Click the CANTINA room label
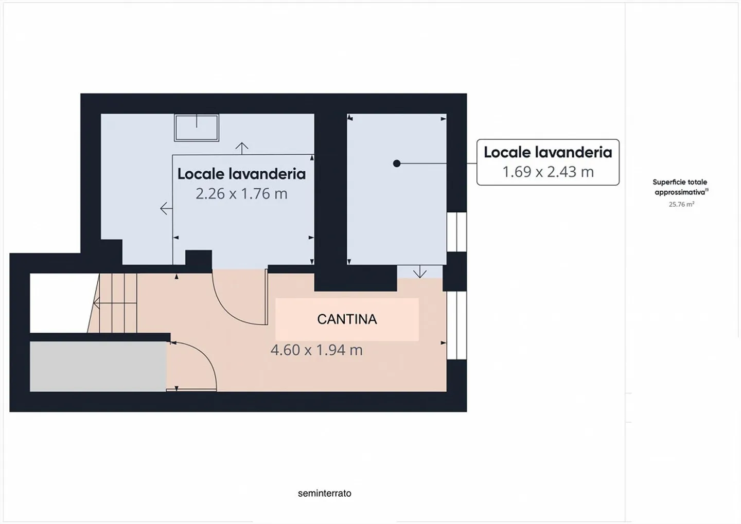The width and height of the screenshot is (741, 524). (347, 319)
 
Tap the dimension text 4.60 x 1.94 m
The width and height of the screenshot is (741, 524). (316, 350)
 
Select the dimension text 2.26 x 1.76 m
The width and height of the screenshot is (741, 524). (241, 194)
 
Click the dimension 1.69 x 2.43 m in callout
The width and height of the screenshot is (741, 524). (548, 172)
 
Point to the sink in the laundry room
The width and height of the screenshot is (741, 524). (197, 127)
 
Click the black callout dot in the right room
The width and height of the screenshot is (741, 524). (396, 164)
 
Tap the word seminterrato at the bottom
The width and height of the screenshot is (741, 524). (324, 493)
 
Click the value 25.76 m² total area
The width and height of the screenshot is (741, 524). (681, 204)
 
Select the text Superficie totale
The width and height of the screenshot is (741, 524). (679, 182)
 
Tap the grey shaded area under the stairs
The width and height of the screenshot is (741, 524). (98, 366)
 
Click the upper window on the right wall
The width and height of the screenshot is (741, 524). (456, 232)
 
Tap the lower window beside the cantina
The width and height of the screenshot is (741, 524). (456, 325)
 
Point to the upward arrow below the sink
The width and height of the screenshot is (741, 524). (242, 148)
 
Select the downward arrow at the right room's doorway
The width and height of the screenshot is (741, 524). (420, 272)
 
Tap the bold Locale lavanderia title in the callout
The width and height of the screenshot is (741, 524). (548, 152)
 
